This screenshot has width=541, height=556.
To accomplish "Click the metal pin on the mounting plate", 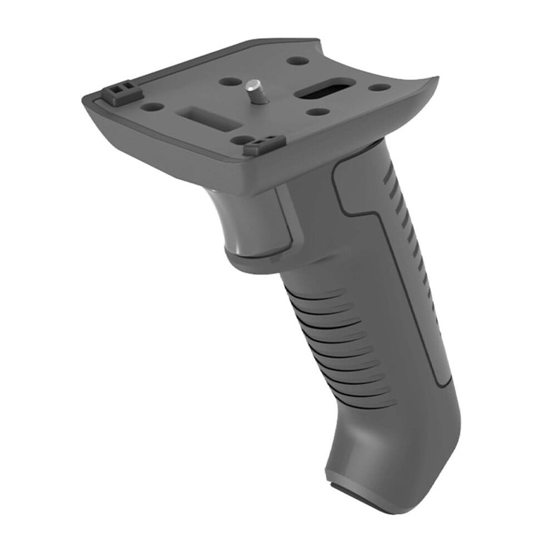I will point(253,90).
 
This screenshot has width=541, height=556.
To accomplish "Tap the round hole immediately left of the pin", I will point(230,82).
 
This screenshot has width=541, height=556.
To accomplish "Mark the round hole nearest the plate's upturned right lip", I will point(380,88).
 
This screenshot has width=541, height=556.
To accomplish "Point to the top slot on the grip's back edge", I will point(393,182).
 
